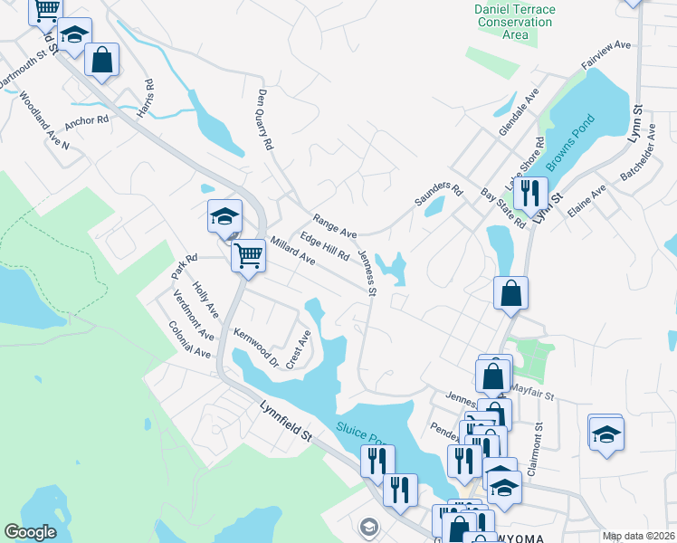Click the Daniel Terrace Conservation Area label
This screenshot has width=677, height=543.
[x=514, y=22]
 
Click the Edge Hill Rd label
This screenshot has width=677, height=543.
[x=325, y=246]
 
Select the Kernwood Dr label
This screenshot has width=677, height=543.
[x=257, y=348]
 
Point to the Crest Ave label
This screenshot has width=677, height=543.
[x=299, y=348]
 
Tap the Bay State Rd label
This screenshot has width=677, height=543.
[x=503, y=209]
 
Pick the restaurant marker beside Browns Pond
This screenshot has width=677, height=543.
[x=530, y=191]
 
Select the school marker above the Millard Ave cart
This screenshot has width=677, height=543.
[x=224, y=215]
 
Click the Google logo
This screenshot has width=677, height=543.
[x=29, y=532]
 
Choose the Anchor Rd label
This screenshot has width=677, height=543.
[x=87, y=119]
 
